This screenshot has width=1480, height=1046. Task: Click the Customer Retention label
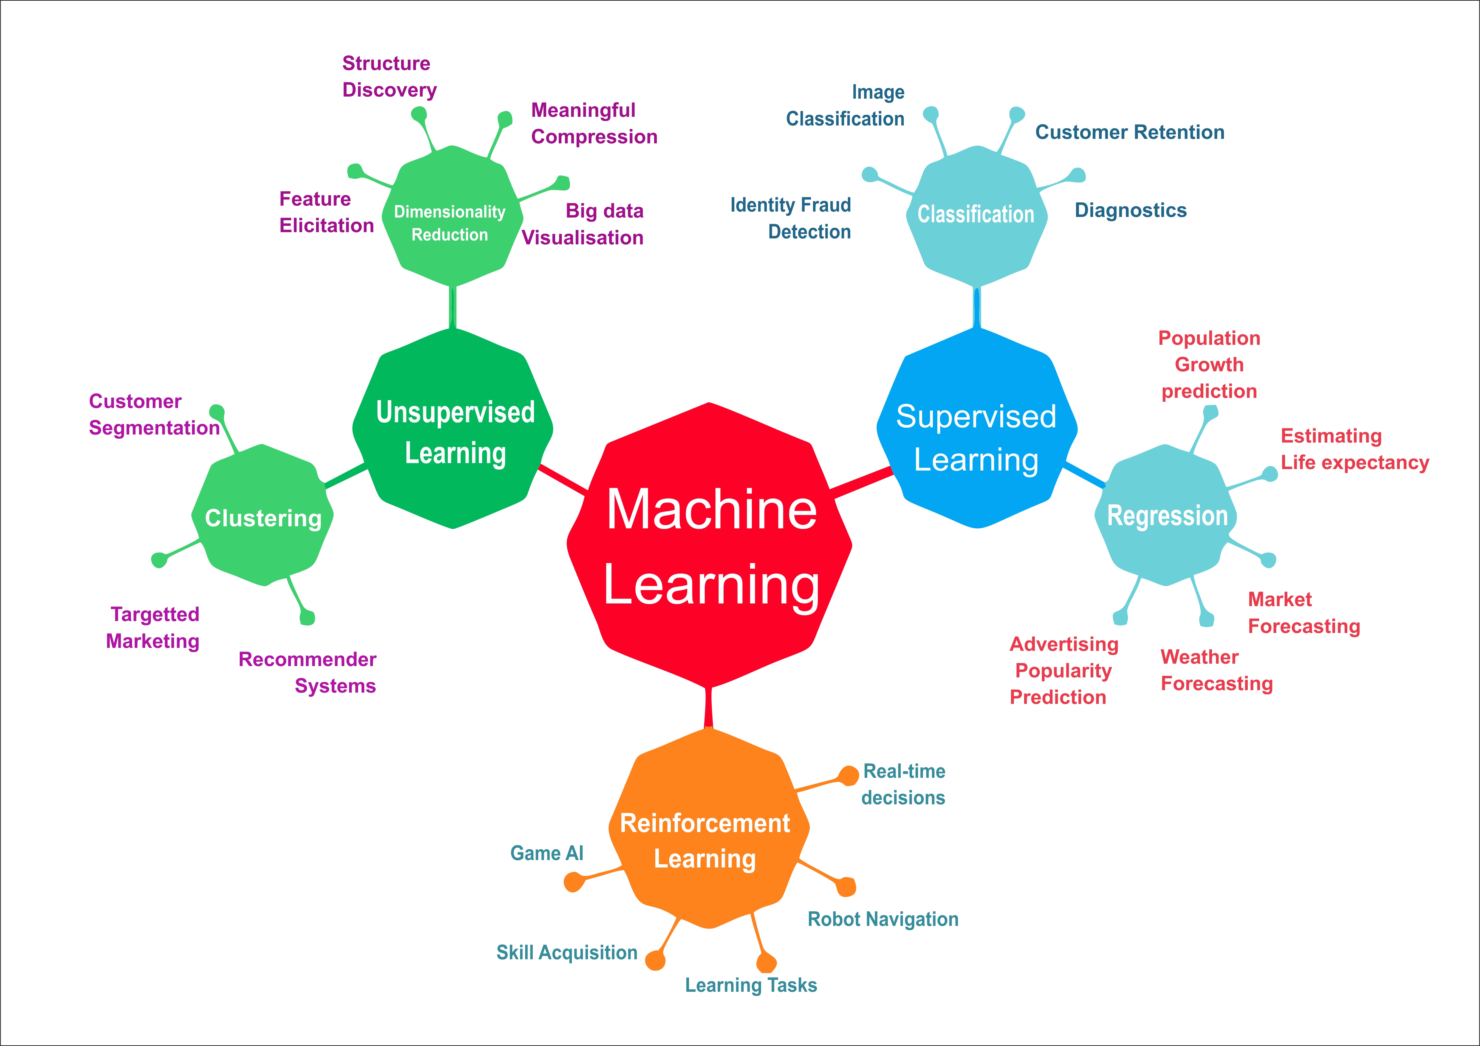click(1129, 132)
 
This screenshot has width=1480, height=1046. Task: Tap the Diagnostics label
click(1131, 210)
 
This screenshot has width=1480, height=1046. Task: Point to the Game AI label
click(547, 853)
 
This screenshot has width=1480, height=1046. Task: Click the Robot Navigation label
click(883, 919)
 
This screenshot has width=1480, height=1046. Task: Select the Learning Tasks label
click(751, 985)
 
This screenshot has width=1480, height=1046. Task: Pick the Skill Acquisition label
click(566, 952)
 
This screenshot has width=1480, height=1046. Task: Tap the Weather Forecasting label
click(1216, 670)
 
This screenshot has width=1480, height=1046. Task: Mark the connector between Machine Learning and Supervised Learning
click(862, 483)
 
